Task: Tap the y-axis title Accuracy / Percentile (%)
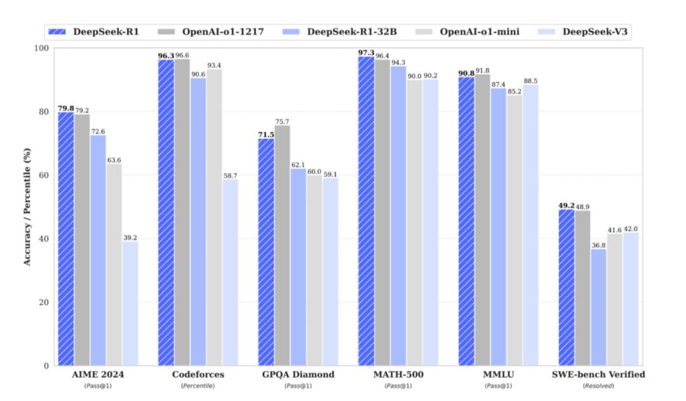click(27, 206)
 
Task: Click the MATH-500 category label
click(398, 375)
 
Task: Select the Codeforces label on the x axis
click(198, 375)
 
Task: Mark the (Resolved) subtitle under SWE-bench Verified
click(599, 386)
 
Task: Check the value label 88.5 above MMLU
click(531, 80)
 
